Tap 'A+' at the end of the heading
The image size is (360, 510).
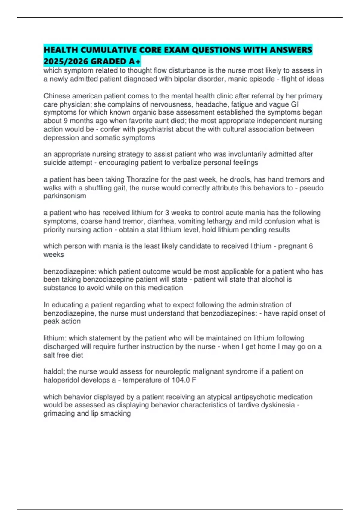tap(135, 61)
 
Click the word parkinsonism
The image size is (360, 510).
tap(65, 196)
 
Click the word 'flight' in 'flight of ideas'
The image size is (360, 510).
tap(290, 79)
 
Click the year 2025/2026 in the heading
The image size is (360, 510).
tap(66, 61)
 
